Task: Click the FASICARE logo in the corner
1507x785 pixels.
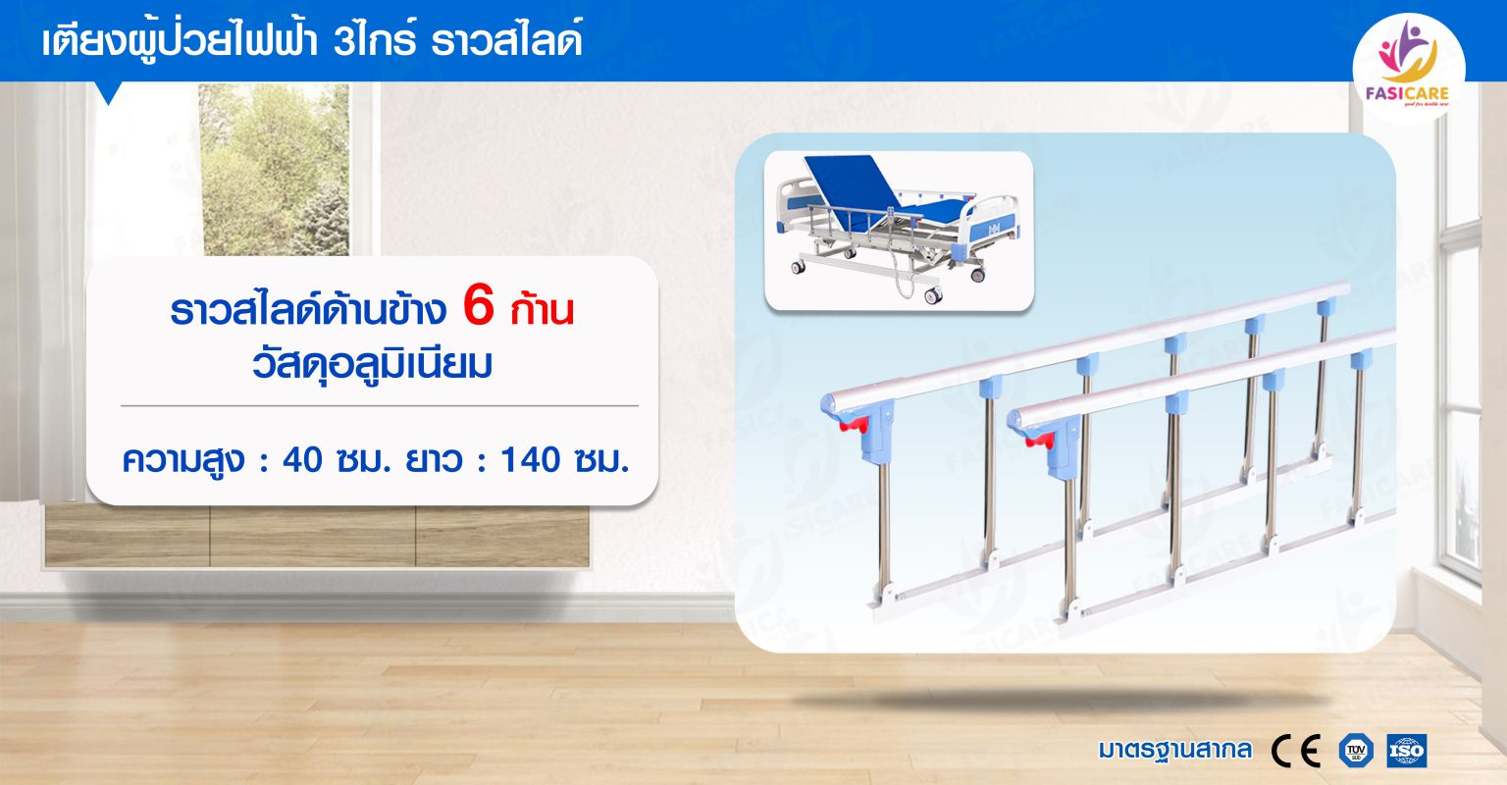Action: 1408,66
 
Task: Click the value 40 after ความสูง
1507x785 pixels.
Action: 302,459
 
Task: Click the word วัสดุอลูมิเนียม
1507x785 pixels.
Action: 373,364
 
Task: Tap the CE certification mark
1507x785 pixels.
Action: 1295,751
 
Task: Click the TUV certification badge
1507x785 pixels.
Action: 1355,751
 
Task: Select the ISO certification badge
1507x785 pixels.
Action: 1406,751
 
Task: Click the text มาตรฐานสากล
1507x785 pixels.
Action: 1174,751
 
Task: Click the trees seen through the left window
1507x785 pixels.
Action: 274,167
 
